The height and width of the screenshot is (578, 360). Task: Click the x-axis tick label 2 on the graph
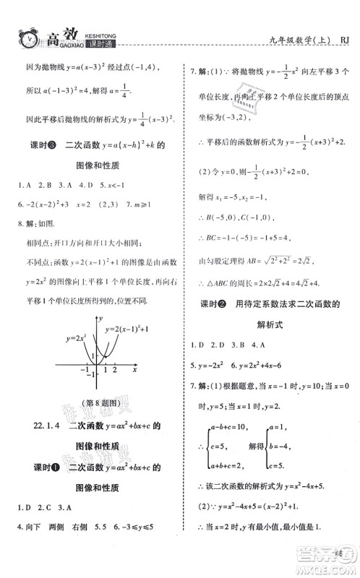pyautogui.click(x=114, y=371)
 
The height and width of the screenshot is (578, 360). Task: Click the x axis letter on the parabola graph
pyautogui.click(x=135, y=369)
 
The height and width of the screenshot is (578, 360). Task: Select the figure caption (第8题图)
pyautogui.click(x=84, y=402)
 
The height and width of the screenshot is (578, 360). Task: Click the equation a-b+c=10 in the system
pyautogui.click(x=224, y=430)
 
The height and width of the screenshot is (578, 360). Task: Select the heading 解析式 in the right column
pyautogui.click(x=271, y=325)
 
